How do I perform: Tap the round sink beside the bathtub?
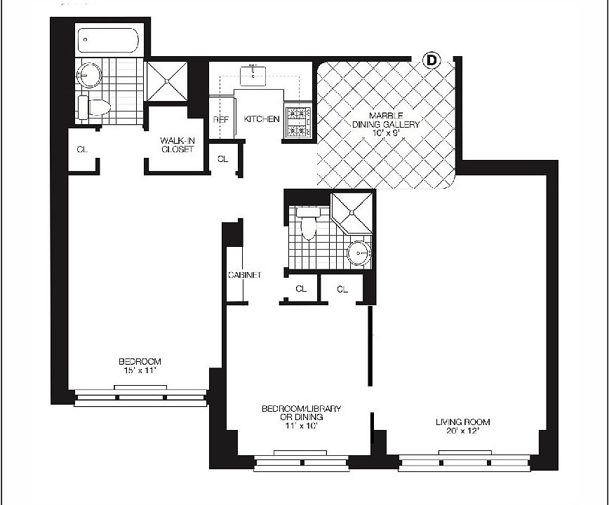point(90,72)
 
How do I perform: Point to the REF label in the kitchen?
point(220,120)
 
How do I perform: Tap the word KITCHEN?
point(262,119)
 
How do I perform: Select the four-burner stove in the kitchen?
point(300,121)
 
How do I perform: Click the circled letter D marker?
point(431,61)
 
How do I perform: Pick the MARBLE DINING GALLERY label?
point(386,119)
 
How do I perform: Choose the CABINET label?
point(244,275)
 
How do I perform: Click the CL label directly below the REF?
point(222,159)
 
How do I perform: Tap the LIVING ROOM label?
point(462,422)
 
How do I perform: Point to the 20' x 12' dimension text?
point(462,432)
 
